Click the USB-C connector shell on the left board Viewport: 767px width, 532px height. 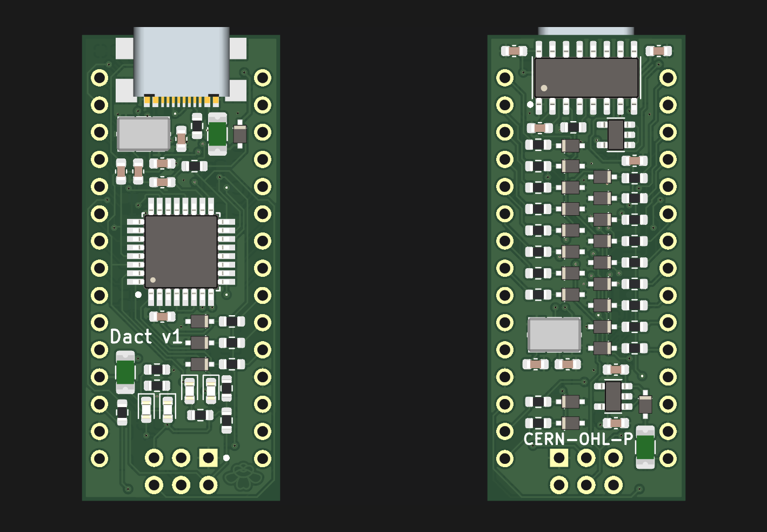182,62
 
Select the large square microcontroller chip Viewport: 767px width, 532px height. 181,252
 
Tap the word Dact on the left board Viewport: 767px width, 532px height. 131,336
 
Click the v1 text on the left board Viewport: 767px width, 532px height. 172,337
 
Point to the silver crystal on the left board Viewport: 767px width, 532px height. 143,134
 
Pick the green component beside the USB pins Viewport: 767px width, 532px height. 217,134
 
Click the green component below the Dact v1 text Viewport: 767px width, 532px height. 125,373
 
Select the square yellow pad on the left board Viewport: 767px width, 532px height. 208,458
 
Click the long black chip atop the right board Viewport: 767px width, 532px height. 586,78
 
